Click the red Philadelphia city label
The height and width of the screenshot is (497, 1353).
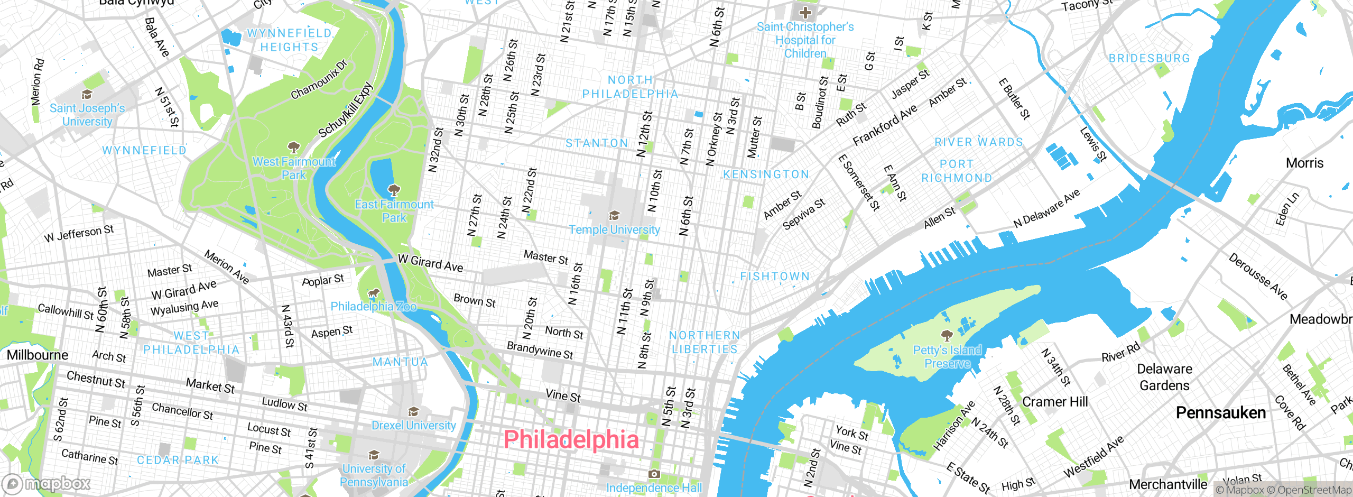coord(571,440)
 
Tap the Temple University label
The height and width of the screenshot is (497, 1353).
coord(614,230)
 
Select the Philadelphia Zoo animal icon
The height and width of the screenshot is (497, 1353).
coord(374,293)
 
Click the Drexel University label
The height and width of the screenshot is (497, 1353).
coord(413,426)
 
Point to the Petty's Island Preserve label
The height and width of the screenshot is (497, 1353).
coord(947,357)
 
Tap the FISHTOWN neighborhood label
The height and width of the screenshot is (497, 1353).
coord(775,277)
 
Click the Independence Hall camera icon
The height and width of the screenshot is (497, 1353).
coord(654,474)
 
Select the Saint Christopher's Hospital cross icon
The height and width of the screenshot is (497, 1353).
coord(805,13)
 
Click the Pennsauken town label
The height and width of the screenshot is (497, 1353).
coord(1220,413)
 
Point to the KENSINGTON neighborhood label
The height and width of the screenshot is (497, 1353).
coord(766,174)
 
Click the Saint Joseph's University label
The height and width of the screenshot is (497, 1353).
coord(87,115)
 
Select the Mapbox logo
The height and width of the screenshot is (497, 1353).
coord(47,484)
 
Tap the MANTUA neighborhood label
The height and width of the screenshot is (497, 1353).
coord(400,362)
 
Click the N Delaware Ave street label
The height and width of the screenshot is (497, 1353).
coord(1046,209)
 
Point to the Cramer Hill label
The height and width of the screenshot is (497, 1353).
coord(1055,402)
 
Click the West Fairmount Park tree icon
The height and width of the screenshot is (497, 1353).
coord(293,147)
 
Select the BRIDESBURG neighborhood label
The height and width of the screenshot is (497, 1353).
coord(1149,59)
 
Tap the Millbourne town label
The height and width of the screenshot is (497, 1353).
coord(38,355)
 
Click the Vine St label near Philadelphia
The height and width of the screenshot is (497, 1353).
coord(563,395)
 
